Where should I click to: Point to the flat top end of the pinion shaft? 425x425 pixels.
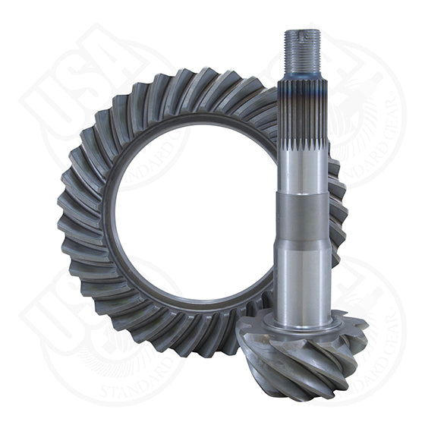tap(302, 32)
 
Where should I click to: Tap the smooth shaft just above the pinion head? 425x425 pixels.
tap(302, 273)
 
